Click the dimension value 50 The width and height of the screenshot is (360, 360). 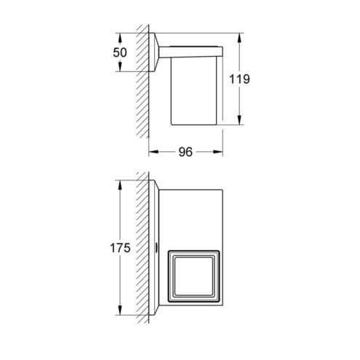(x=120, y=52)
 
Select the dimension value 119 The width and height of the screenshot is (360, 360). (x=239, y=79)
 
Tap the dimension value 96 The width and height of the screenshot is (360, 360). (x=185, y=152)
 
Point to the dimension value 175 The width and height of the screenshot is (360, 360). (x=120, y=248)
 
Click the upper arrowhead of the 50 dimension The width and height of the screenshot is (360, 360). (x=119, y=38)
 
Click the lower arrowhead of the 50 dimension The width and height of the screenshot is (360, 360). (x=119, y=67)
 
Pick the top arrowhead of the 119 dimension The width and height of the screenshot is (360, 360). (x=239, y=38)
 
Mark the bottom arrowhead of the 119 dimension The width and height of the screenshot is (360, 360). (x=239, y=120)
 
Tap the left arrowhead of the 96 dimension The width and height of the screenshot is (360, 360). (x=153, y=152)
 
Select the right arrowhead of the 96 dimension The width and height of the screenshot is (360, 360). (x=217, y=152)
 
